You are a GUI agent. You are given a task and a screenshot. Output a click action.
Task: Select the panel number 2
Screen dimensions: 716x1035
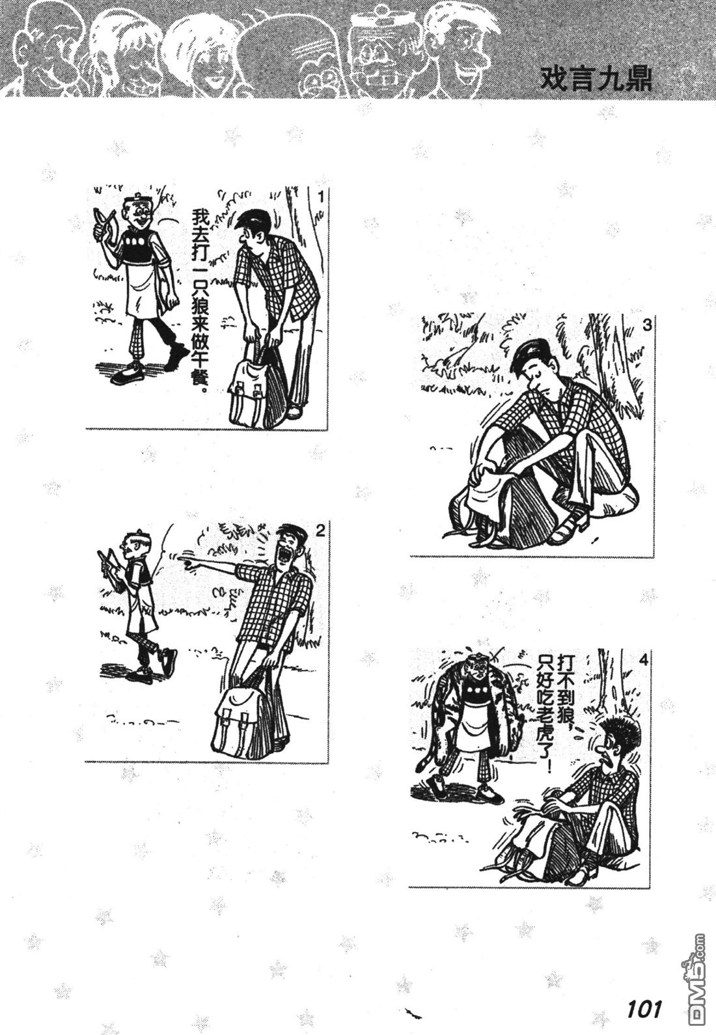pyautogui.click(x=320, y=531)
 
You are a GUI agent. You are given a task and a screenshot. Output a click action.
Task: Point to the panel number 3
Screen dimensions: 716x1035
pyautogui.click(x=647, y=325)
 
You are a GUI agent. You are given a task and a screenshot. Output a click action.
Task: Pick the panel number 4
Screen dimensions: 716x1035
pyautogui.click(x=644, y=661)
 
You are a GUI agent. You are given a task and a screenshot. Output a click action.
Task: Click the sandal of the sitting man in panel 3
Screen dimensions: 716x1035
pyautogui.click(x=570, y=531)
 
